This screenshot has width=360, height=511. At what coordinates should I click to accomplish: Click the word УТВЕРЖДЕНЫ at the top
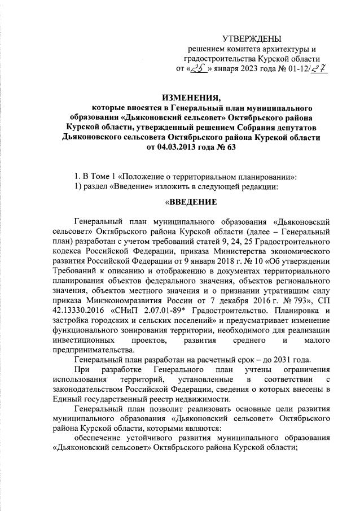point(251,38)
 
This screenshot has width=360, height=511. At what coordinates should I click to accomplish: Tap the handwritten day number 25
point(198,69)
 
